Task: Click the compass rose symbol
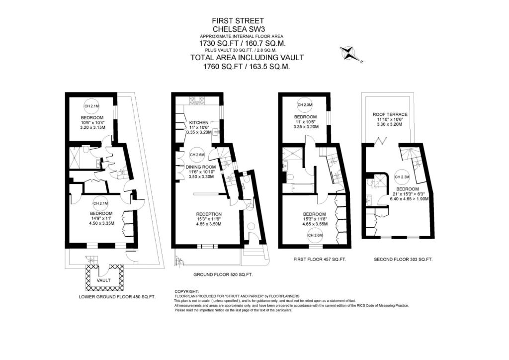[x=349, y=54]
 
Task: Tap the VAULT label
[x=104, y=280]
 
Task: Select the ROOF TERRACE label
[x=390, y=114]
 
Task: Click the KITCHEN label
[x=199, y=123]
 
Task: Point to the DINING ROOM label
[x=201, y=167]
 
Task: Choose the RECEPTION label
[x=209, y=214]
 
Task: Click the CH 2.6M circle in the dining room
[x=197, y=155]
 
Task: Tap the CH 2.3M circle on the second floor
[x=402, y=177]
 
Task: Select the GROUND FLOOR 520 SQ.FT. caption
[x=223, y=274]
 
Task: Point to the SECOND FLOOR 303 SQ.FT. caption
[x=403, y=260]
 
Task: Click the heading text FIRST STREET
[x=238, y=21]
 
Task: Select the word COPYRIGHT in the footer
[x=187, y=291]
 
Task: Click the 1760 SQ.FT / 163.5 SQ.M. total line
[x=247, y=67]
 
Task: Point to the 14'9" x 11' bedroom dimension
[x=101, y=218]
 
